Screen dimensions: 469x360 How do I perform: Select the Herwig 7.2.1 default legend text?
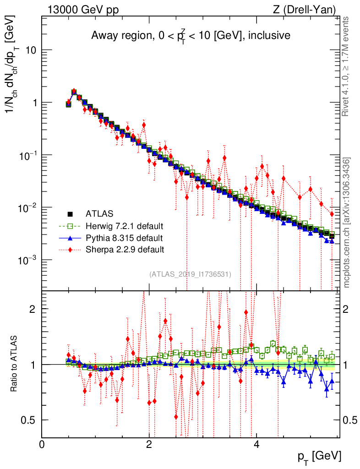(125, 226)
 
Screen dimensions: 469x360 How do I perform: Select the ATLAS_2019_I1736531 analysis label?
(190, 274)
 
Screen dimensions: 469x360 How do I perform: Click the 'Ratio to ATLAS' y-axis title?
(16, 364)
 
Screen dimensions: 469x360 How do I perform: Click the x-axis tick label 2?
(149, 445)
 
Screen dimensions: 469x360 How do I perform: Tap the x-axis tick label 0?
(42, 445)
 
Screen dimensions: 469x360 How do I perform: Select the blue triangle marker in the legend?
(70, 238)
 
